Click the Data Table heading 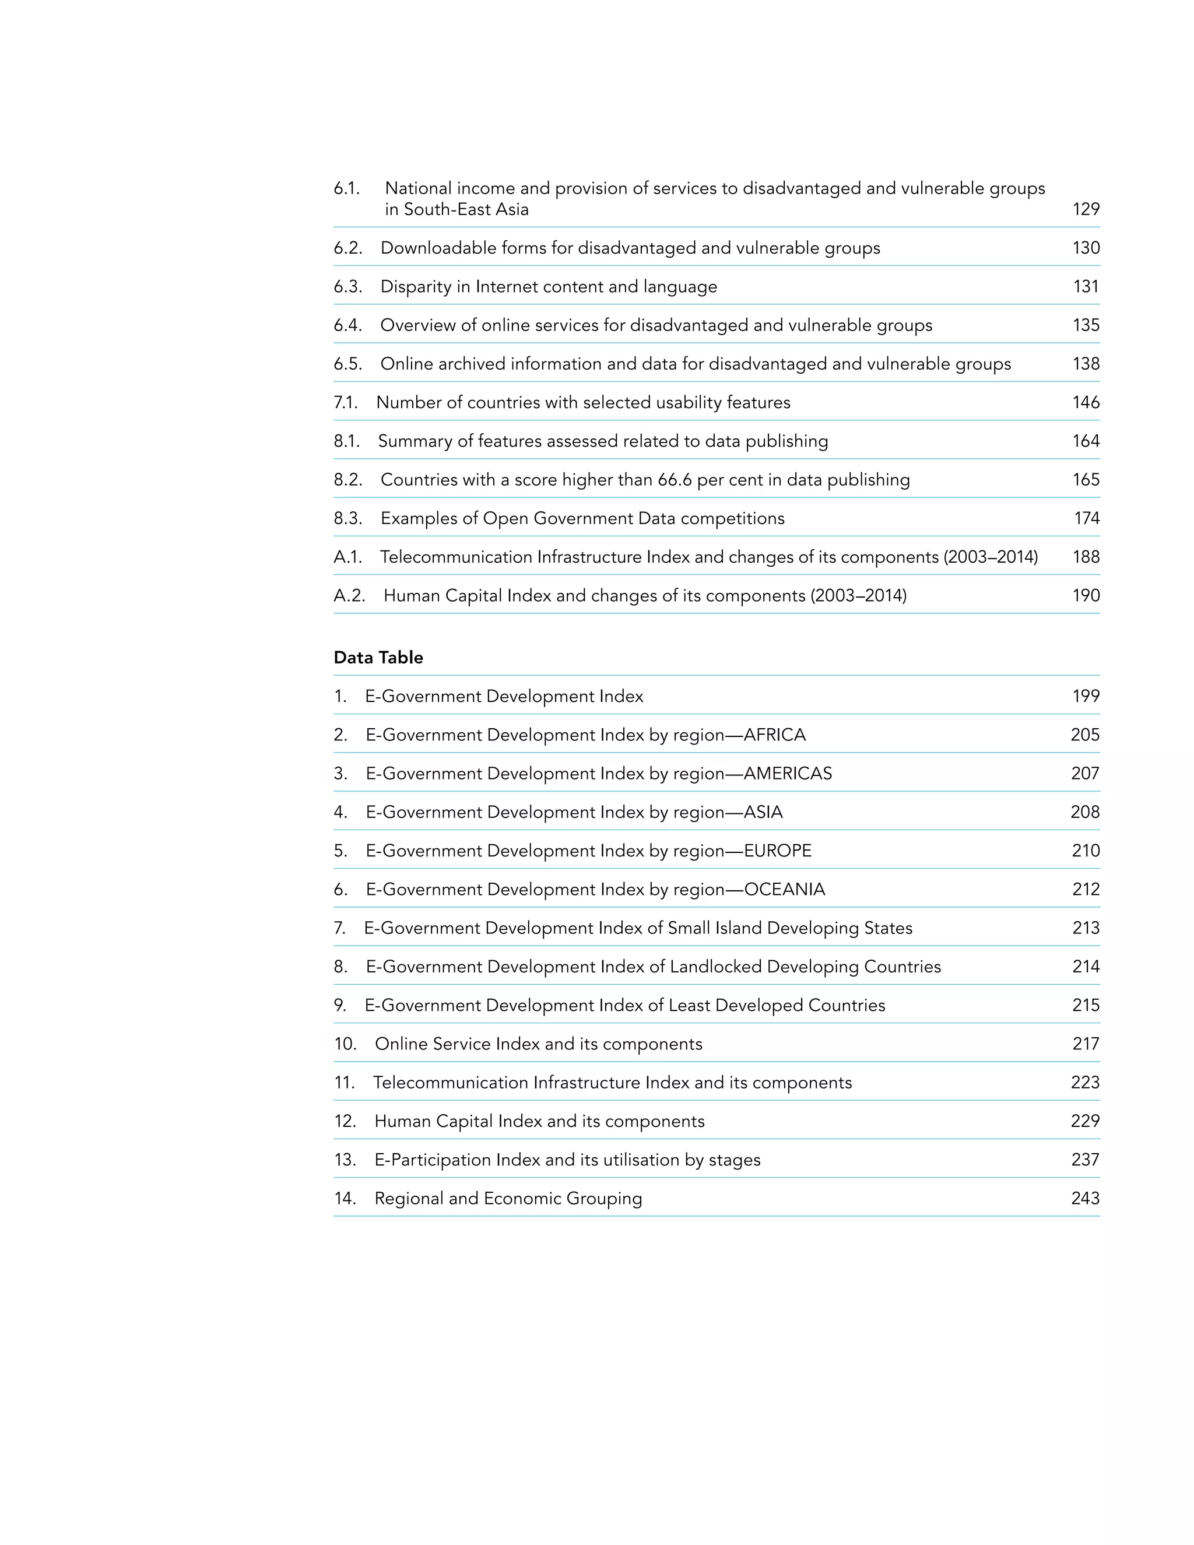pyautogui.click(x=378, y=657)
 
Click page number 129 pyautogui.click(x=1085, y=209)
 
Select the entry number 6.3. pyautogui.click(x=347, y=286)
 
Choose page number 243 pyautogui.click(x=1085, y=1198)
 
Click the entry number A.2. pyautogui.click(x=349, y=596)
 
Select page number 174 pyautogui.click(x=1087, y=518)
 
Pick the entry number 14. pyautogui.click(x=345, y=1198)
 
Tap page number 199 pyautogui.click(x=1085, y=696)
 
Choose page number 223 pyautogui.click(x=1085, y=1082)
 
